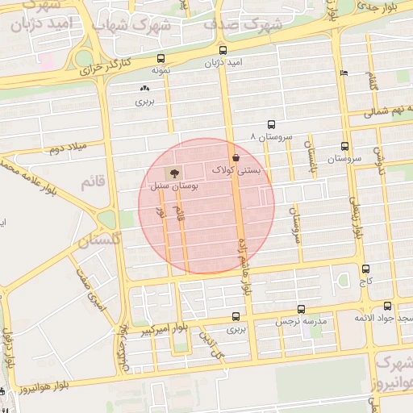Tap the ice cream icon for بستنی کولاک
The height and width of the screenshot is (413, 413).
(236, 157)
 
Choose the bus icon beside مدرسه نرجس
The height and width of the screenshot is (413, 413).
(301, 308)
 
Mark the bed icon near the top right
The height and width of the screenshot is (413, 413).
(344, 73)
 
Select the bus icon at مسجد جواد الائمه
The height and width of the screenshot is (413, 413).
(388, 306)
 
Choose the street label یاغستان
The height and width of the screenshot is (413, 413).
(309, 158)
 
